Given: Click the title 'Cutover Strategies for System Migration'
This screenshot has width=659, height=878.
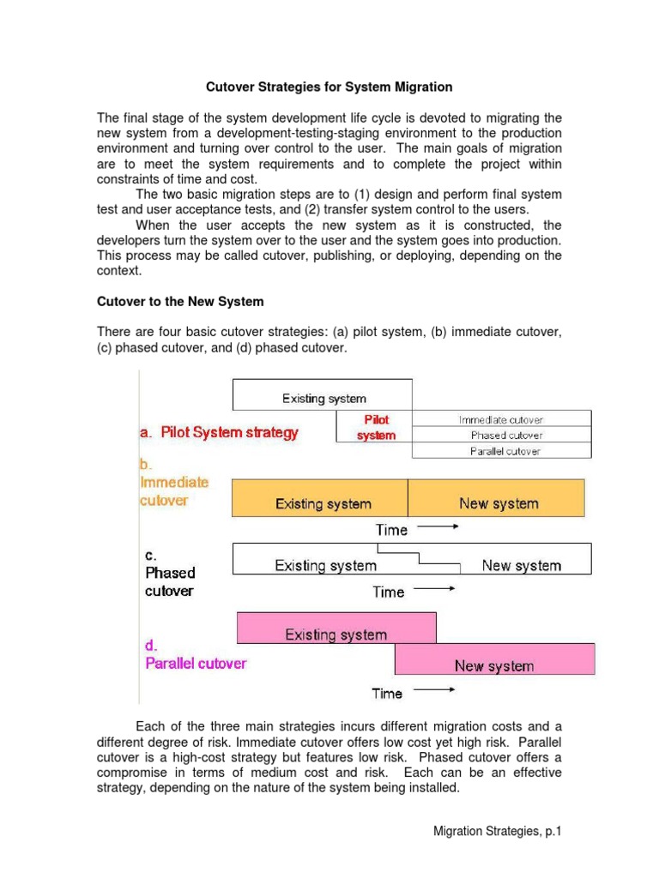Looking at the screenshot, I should coord(329,87).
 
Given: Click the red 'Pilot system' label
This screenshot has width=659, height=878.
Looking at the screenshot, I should coord(376,427).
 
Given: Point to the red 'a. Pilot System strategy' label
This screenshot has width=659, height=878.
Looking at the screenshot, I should coord(219,432).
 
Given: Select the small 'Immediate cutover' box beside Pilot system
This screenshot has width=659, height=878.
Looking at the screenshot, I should coord(501,419).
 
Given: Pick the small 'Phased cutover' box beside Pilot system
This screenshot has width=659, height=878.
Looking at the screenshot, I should coord(501,436).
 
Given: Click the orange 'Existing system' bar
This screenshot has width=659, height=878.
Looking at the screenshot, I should coord(323,503).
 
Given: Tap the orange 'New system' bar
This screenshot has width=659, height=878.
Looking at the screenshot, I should coord(499,503).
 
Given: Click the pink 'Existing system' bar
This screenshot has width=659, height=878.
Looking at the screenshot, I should coord(336,634).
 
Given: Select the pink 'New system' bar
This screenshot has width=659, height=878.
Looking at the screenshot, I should coord(494,665).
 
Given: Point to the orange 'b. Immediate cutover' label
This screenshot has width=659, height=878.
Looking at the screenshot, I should coord(174,483).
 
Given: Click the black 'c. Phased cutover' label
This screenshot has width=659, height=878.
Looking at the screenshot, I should coord(170,573).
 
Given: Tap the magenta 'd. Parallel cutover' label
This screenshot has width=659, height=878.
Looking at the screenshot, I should coord(193,654).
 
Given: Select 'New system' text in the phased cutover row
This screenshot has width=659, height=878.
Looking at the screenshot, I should coord(521,566).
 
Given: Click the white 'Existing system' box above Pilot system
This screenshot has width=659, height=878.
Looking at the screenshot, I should coord(323,398).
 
